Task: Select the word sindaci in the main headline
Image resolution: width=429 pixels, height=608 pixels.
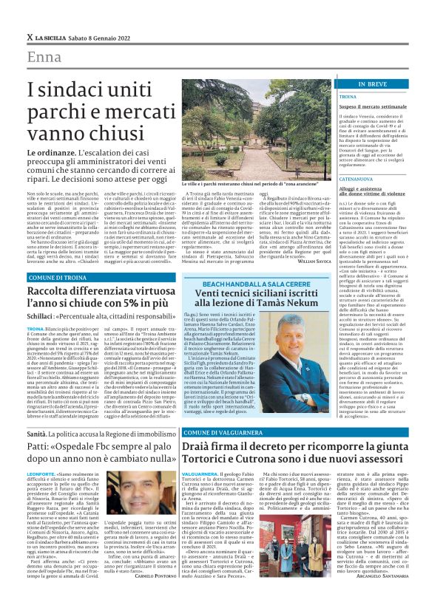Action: (71, 91)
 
